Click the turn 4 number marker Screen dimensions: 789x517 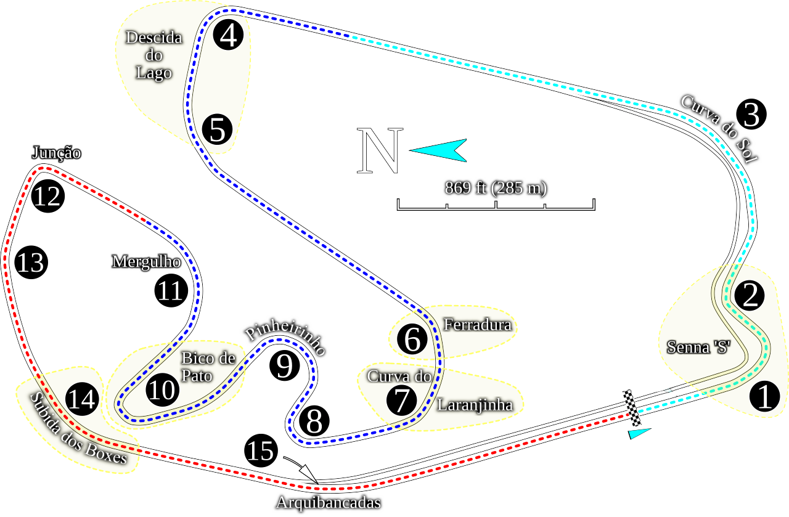coord(228,35)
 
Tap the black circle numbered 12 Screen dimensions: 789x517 coord(48,196)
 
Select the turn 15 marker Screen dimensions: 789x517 coord(261,450)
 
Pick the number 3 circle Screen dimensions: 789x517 coord(751,114)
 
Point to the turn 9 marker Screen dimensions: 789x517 coord(285,365)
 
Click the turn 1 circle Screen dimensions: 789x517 coord(765,397)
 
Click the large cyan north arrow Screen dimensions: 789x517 coord(438,150)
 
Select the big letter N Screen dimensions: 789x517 coord(380,150)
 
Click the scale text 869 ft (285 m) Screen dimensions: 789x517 coord(496,188)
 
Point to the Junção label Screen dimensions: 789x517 coord(56,153)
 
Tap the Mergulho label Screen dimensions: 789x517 coord(147,262)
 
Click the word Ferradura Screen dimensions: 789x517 coord(477,324)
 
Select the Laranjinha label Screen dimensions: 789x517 coord(475,405)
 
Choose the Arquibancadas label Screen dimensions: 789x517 coord(329,503)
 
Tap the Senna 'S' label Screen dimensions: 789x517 coord(699,348)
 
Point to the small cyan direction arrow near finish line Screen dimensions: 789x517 coord(639,434)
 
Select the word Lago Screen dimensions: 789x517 coord(154,73)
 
